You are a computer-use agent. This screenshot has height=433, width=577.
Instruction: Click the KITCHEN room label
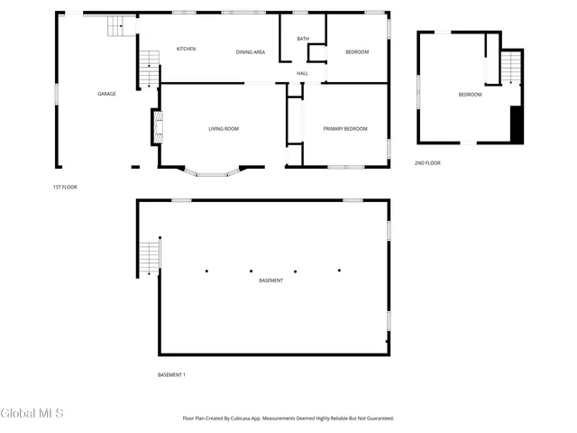pyautogui.click(x=187, y=49)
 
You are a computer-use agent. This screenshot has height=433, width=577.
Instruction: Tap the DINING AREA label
pyautogui.click(x=251, y=52)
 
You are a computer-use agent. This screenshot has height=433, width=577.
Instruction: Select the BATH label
pyautogui.click(x=303, y=39)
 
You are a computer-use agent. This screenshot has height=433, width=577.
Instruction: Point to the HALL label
pyautogui.click(x=303, y=73)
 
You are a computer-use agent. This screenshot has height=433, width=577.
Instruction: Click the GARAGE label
pyautogui.click(x=107, y=94)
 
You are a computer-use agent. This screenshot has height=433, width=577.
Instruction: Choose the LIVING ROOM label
pyautogui.click(x=224, y=129)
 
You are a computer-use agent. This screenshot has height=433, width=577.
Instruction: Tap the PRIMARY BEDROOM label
pyautogui.click(x=345, y=129)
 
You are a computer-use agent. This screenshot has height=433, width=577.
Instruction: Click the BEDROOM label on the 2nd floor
pyautogui.click(x=470, y=95)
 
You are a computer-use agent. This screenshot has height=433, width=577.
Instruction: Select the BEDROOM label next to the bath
pyautogui.click(x=357, y=52)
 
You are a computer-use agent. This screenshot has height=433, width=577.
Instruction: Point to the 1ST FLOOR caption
pyautogui.click(x=65, y=187)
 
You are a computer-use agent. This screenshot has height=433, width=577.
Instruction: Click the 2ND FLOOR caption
pyautogui.click(x=427, y=163)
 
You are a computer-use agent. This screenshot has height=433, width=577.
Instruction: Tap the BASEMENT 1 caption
pyautogui.click(x=171, y=374)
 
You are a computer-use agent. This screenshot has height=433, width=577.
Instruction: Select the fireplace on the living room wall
pyautogui.click(x=155, y=125)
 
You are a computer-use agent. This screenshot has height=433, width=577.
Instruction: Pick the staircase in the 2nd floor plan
pyautogui.click(x=511, y=67)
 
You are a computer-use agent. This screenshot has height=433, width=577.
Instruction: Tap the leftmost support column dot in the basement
pyautogui.click(x=206, y=270)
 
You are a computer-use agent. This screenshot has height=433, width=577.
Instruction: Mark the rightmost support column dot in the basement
pyautogui.click(x=340, y=270)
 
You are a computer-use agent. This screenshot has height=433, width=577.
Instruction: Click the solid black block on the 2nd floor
pyautogui.click(x=517, y=124)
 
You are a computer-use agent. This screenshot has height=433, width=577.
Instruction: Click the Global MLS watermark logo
pyautogui.click(x=32, y=414)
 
